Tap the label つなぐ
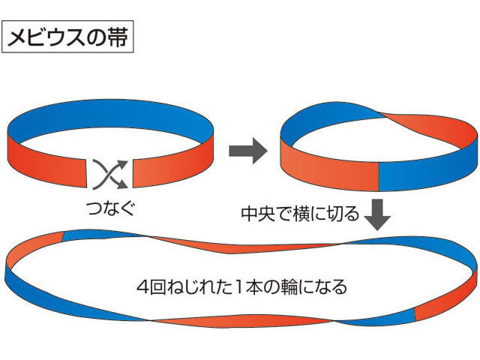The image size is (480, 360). pos(111,208)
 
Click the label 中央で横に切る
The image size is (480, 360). pos(300,213)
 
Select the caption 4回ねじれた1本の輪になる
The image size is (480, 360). pos(241,286)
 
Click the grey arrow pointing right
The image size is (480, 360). pos(248,151)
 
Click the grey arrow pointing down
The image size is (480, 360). pos(378,214)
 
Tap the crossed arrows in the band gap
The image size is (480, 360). pos(109,174)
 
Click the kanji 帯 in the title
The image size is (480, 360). pos(118,37)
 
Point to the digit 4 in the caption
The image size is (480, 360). pos(143,287)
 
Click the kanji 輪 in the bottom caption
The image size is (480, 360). pos(289,287)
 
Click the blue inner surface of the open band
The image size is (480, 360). pos(110,117)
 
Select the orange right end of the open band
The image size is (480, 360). pos(173,166)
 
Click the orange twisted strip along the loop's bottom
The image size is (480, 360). pos(241,321)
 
